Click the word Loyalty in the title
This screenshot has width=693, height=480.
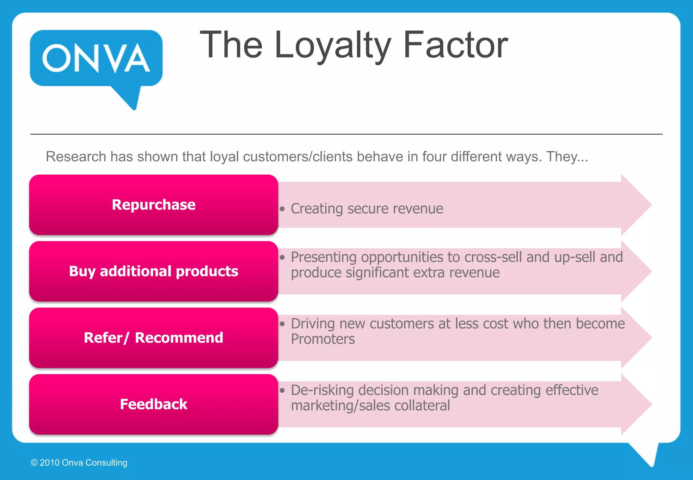(x=333, y=45)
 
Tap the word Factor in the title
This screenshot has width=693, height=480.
(x=455, y=45)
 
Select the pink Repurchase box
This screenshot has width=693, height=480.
(x=154, y=205)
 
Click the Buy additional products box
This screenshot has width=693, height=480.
(x=154, y=271)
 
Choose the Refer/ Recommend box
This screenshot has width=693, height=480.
(x=154, y=338)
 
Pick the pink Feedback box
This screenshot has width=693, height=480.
(x=154, y=404)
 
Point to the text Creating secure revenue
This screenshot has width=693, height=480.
(x=367, y=209)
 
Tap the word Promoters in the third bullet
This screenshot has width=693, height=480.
(x=323, y=339)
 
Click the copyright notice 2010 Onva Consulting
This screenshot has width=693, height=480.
(x=79, y=463)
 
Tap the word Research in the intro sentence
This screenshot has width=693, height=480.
(x=76, y=157)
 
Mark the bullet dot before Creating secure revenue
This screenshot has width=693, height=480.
(x=282, y=209)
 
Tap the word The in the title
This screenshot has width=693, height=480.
(x=231, y=45)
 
